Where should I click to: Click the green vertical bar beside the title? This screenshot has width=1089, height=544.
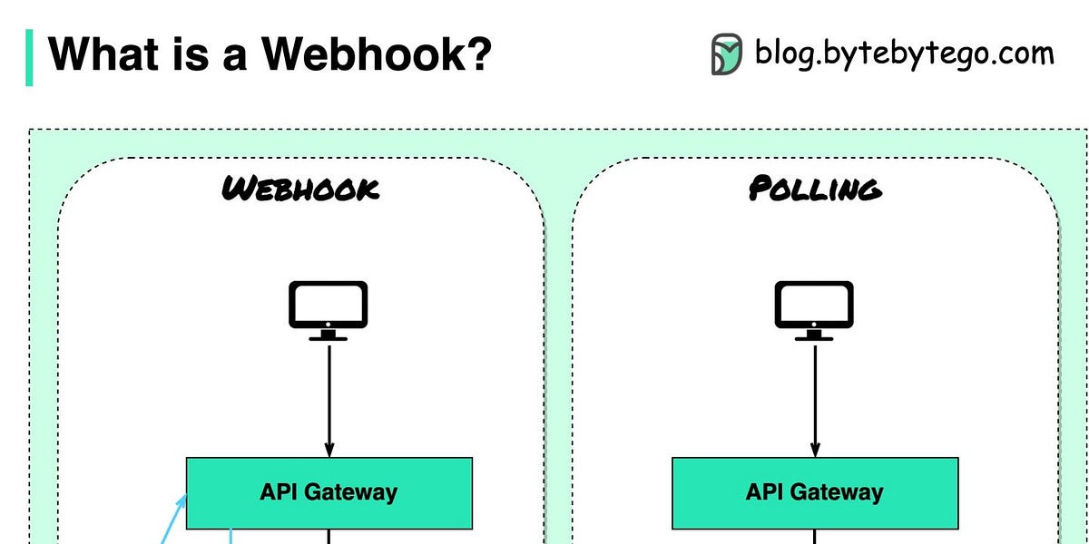[29, 57]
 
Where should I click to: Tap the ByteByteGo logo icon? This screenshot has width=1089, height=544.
[727, 54]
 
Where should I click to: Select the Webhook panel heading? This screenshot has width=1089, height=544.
[300, 189]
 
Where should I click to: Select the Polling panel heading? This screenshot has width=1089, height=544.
[814, 189]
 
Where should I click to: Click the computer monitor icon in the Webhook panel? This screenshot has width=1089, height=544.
[328, 308]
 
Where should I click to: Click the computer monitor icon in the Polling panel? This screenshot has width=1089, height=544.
[814, 308]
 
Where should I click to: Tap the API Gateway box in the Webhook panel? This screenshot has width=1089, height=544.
[329, 492]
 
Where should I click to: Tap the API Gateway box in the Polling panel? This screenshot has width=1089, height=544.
[814, 492]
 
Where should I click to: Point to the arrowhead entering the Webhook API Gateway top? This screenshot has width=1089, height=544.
[329, 451]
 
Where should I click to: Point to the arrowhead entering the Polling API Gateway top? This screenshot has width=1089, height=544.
[815, 451]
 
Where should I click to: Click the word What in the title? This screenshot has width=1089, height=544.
[93, 54]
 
